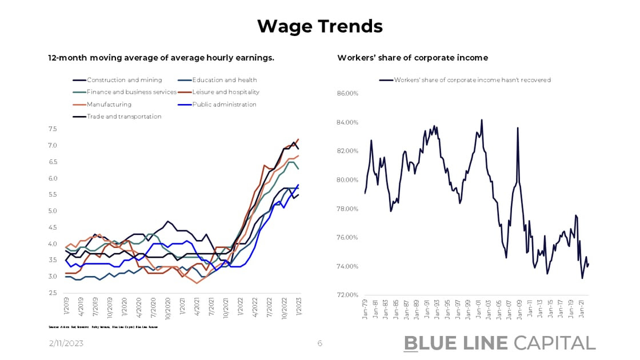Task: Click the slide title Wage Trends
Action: [x=319, y=26]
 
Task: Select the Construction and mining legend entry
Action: [x=124, y=80]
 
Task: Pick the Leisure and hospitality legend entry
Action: [x=226, y=92]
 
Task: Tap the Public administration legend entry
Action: [x=224, y=105]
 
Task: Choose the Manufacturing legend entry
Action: [x=109, y=105]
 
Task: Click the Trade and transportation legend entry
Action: [x=123, y=117]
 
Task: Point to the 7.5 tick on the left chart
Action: [x=53, y=129]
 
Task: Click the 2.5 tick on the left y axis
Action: [x=53, y=293]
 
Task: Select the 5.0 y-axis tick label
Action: [x=53, y=211]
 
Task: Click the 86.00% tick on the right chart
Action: [x=346, y=93]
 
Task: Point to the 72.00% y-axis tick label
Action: [x=346, y=295]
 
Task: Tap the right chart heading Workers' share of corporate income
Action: [x=413, y=58]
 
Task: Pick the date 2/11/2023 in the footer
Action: [x=66, y=343]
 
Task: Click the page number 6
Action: [x=320, y=343]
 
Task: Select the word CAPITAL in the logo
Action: [x=554, y=343]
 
